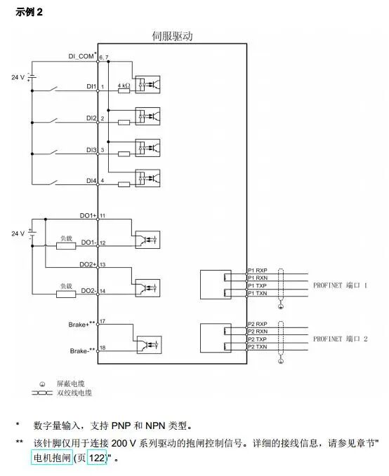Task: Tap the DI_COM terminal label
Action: coord(82,56)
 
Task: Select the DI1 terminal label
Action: coord(91,86)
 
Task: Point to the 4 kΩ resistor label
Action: coord(124,86)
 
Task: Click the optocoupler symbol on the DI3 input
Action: coord(149,148)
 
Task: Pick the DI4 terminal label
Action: coord(91,181)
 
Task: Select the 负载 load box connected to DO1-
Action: coord(66,245)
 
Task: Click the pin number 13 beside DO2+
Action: coord(103,265)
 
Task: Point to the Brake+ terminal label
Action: coord(82,324)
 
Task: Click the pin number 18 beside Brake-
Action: coord(103,348)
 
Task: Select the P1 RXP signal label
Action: coord(257,270)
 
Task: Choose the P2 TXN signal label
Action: coord(257,347)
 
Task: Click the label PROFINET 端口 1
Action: coord(340,285)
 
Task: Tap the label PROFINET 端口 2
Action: coord(340,339)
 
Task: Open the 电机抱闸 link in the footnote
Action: coord(52,458)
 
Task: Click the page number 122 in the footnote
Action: coord(96,458)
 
